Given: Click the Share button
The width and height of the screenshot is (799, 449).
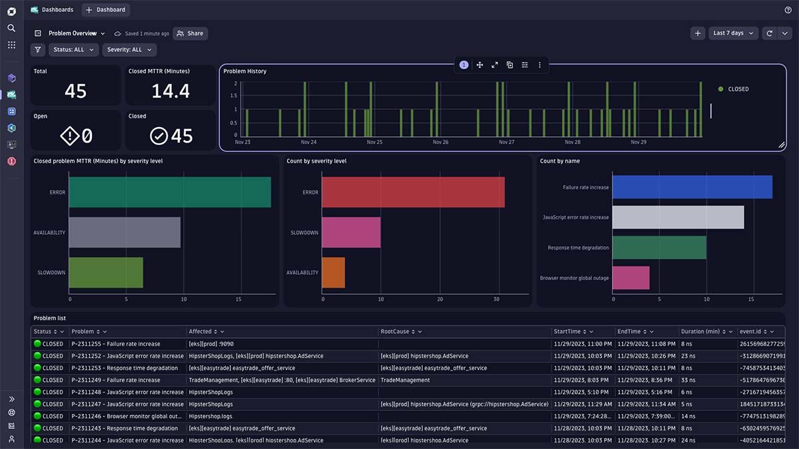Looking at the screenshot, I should (x=190, y=33).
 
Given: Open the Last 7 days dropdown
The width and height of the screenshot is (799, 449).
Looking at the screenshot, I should (x=733, y=33).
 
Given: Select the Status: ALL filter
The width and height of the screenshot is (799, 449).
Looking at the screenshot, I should (x=73, y=50).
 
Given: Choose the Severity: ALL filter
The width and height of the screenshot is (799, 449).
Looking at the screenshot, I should (x=129, y=50).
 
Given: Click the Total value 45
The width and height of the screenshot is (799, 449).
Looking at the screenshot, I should (x=75, y=91).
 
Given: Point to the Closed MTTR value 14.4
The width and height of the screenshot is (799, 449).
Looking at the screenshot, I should (x=170, y=91).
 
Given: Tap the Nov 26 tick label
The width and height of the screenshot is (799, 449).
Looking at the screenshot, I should (x=441, y=142).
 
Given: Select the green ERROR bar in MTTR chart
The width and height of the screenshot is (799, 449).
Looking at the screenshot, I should (x=169, y=192).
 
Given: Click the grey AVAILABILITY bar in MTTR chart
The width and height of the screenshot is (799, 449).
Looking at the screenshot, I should (x=124, y=233).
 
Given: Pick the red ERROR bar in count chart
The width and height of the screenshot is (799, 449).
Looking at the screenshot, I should (x=413, y=192).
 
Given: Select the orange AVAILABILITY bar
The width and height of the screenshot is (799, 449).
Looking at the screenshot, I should (x=334, y=272).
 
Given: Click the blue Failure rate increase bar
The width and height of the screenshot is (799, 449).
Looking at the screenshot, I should (x=692, y=188).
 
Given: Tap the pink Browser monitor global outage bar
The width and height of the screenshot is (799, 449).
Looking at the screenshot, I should (x=631, y=278).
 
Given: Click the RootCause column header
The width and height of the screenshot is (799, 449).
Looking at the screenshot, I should (x=396, y=331).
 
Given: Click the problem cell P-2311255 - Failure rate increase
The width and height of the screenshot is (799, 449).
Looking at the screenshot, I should (x=116, y=344).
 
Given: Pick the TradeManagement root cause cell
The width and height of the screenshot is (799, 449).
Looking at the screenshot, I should (x=405, y=380).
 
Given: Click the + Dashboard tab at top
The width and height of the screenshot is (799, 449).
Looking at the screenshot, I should (x=106, y=10).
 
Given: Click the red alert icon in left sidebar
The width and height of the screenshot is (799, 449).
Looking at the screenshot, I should (x=11, y=161).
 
